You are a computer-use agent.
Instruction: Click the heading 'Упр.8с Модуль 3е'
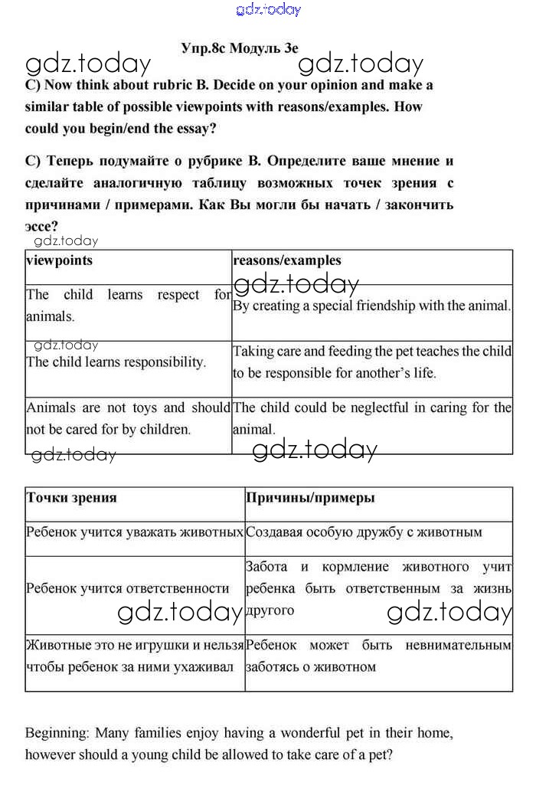[x=240, y=47]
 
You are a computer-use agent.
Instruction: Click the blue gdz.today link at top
[x=269, y=9]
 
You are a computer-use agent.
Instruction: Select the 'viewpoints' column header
[x=59, y=260]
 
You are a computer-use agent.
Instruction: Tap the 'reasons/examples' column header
[x=287, y=260]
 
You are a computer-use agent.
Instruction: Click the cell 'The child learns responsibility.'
[x=116, y=362]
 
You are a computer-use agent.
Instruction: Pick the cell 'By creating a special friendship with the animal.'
[x=371, y=306]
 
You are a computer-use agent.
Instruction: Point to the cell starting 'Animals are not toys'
[x=128, y=418]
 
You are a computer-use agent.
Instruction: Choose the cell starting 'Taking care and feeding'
[x=372, y=362]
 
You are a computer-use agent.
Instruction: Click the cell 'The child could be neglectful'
[x=372, y=418]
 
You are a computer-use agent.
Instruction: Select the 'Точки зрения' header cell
[x=71, y=498]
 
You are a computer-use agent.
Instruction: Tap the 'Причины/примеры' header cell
[x=310, y=498]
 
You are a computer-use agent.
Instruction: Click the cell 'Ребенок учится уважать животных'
[x=135, y=532]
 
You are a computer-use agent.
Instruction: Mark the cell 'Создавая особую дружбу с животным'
[x=364, y=532]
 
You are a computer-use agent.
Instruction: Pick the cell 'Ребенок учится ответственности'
[x=128, y=588]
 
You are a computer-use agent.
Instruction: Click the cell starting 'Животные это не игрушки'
[x=135, y=656]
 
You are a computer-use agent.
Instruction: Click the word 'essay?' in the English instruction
[x=193, y=129]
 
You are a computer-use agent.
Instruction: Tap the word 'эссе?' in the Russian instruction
[x=42, y=226]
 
